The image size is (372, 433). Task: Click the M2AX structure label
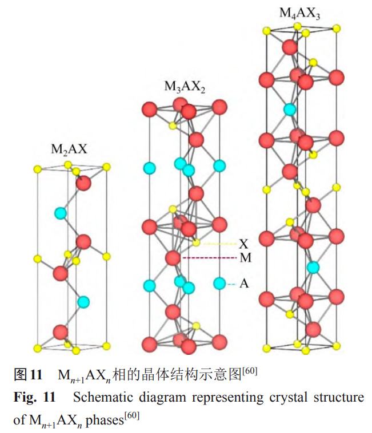(x=70, y=149)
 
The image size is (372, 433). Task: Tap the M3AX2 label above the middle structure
(x=185, y=87)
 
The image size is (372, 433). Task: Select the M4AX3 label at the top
(x=299, y=13)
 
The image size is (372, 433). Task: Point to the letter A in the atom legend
(x=243, y=283)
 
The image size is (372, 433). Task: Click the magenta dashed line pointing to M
(x=209, y=258)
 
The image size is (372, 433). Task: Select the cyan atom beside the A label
(x=219, y=283)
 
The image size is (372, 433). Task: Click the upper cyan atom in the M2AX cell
(x=60, y=213)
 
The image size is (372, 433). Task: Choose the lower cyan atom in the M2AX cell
(x=83, y=301)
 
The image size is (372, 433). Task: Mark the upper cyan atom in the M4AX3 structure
(x=290, y=109)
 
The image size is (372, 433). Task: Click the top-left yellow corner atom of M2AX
(x=37, y=169)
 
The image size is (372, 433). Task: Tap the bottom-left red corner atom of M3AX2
(x=149, y=343)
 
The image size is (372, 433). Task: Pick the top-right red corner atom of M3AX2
(x=219, y=108)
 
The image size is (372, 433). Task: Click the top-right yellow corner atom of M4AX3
(x=337, y=28)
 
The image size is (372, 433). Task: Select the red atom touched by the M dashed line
(x=173, y=258)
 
